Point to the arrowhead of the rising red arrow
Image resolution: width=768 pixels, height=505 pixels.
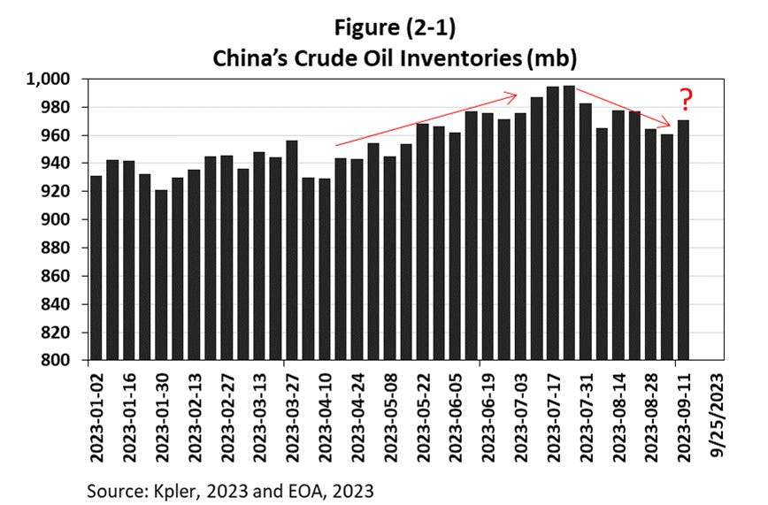[x=514, y=94]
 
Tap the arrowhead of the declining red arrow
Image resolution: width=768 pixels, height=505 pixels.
[x=673, y=126]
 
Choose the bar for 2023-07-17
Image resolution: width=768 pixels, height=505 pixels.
[x=552, y=224]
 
